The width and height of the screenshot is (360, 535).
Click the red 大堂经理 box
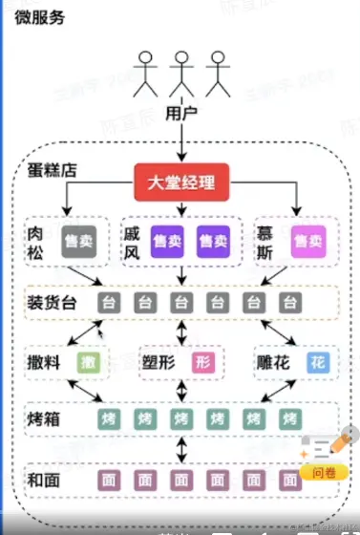click(x=180, y=182)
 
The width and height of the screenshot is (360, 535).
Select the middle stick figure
click(x=180, y=74)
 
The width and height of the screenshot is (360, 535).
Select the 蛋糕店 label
click(x=53, y=173)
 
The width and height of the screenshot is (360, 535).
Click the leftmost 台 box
click(x=109, y=304)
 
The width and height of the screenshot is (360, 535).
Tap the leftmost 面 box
click(x=109, y=479)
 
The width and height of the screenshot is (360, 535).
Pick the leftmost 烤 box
click(x=109, y=419)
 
